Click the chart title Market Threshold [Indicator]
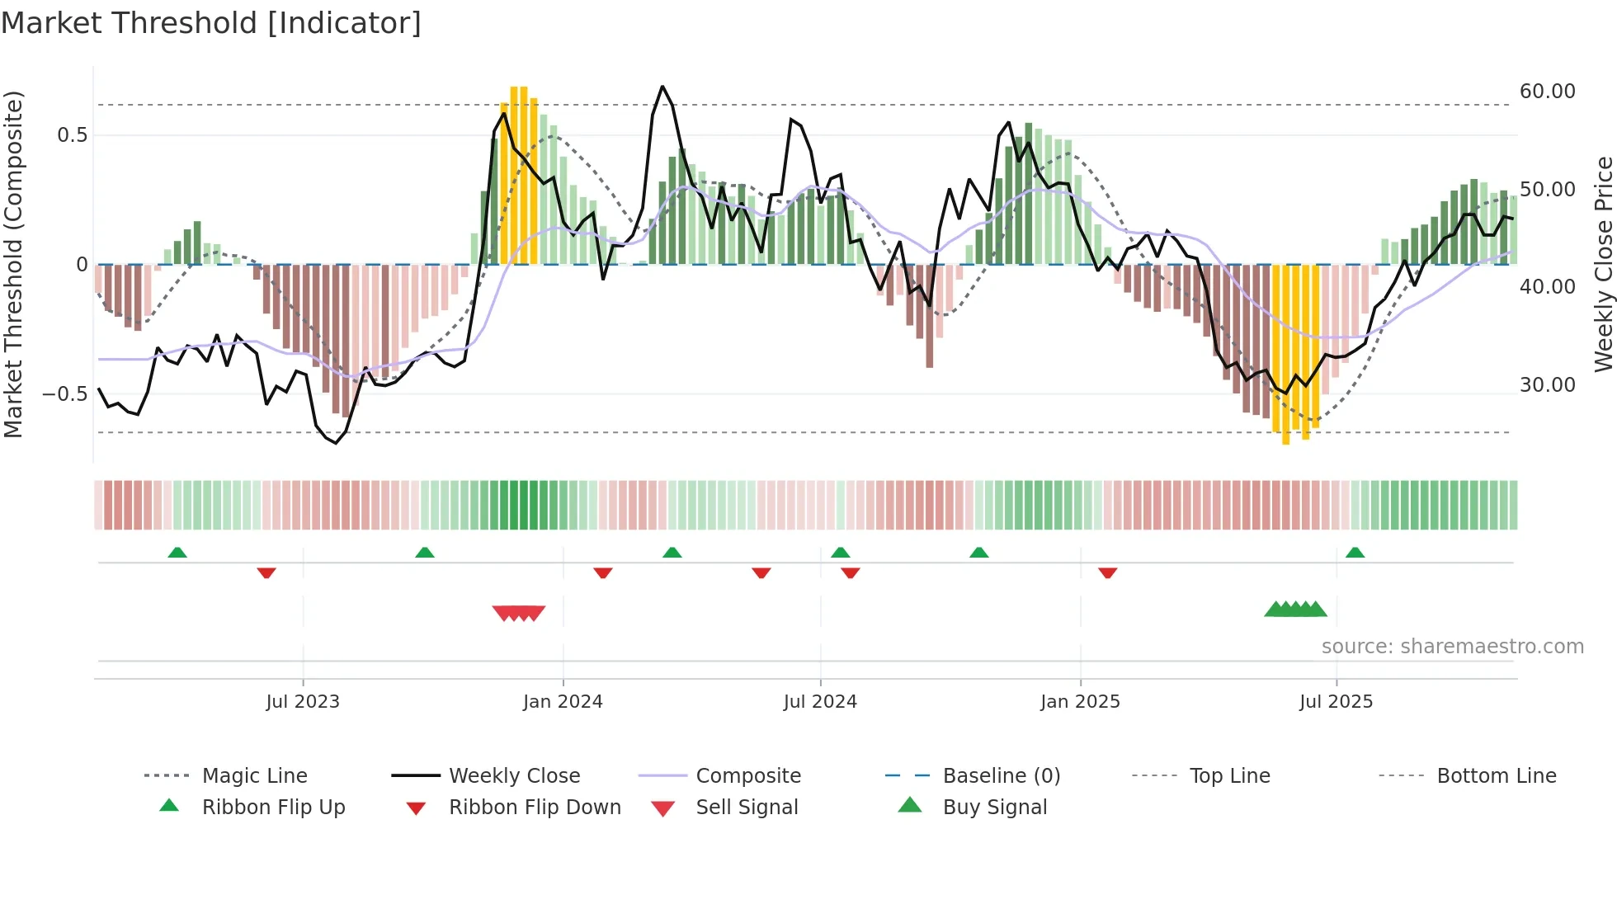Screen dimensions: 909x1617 (211, 23)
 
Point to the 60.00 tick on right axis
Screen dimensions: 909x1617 (1547, 92)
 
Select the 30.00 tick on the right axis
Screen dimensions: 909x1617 (1547, 385)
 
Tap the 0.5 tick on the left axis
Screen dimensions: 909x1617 (72, 135)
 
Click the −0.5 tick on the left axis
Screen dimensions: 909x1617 (64, 394)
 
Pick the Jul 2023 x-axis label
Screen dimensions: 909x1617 (303, 702)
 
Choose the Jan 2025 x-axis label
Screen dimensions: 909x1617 (1080, 702)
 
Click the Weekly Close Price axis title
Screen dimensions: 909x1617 (1603, 264)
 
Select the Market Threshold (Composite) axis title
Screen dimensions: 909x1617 (13, 264)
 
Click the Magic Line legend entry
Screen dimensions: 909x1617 (254, 776)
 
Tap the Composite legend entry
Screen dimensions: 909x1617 (747, 776)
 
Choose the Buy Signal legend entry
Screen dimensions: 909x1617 (994, 808)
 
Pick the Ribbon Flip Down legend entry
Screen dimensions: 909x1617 (534, 808)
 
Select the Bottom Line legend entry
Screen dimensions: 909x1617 (1496, 776)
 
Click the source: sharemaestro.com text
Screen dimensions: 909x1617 (1452, 647)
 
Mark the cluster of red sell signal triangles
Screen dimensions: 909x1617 (519, 613)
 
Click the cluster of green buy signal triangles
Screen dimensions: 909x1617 (1295, 610)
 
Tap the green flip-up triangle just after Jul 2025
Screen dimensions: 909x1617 (1355, 553)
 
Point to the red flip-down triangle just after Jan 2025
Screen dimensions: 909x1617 (1107, 572)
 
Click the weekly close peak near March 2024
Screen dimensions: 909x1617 (662, 87)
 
